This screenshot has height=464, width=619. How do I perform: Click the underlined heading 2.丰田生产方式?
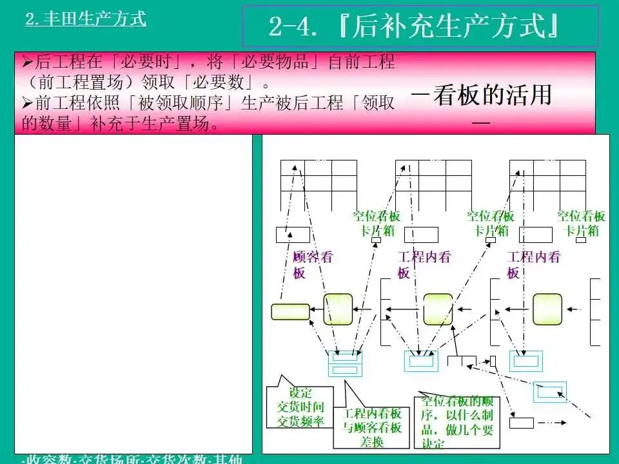click(x=86, y=19)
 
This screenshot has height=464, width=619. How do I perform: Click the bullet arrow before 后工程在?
click(x=27, y=63)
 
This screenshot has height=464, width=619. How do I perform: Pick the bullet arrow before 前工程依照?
click(x=27, y=103)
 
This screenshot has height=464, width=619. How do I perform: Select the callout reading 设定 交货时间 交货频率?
click(x=300, y=407)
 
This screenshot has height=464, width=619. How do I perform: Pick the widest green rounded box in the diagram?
click(x=290, y=312)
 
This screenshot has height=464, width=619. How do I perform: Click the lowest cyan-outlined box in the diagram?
click(x=550, y=391)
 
